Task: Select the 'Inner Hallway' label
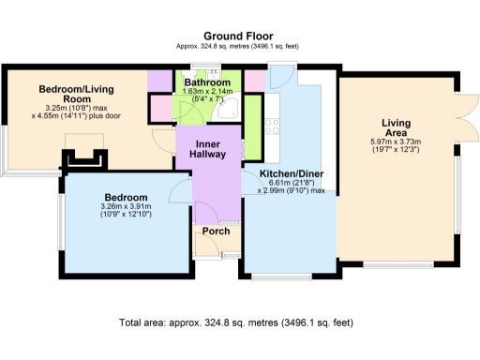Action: click(208, 148)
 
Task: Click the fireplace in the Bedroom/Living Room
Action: click(82, 156)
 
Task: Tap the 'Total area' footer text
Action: click(237, 322)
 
